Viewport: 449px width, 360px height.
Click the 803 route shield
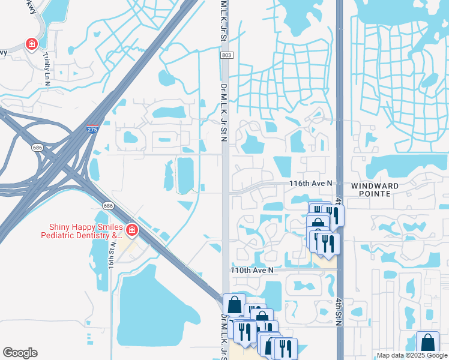tap(226, 55)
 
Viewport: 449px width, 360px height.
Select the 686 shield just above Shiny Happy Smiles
tap(108, 206)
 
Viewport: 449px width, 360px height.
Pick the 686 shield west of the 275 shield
tap(37, 146)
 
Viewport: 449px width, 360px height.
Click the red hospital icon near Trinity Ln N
tap(31, 44)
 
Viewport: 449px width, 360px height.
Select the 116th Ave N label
tap(312, 182)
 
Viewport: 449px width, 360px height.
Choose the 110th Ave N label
tap(252, 271)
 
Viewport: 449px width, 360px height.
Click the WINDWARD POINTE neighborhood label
tap(375, 190)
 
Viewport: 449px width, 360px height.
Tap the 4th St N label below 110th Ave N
tap(339, 311)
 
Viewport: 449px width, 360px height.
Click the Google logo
tap(20, 352)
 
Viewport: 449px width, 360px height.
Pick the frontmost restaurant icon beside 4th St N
tap(328, 242)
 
